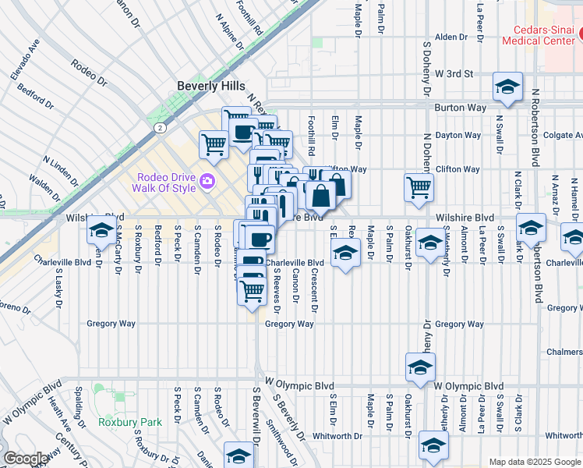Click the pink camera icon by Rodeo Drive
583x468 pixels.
(207, 182)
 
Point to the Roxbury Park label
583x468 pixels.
(130, 422)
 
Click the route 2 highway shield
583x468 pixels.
(159, 127)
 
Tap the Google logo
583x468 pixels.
(26, 459)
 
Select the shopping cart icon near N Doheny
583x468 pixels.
(419, 186)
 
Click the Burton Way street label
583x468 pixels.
(460, 108)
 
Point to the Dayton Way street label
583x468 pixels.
(458, 135)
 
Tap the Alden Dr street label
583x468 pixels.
(450, 37)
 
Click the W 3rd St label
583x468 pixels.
(454, 73)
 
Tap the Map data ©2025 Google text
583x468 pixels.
(535, 462)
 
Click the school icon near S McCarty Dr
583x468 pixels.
(101, 230)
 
